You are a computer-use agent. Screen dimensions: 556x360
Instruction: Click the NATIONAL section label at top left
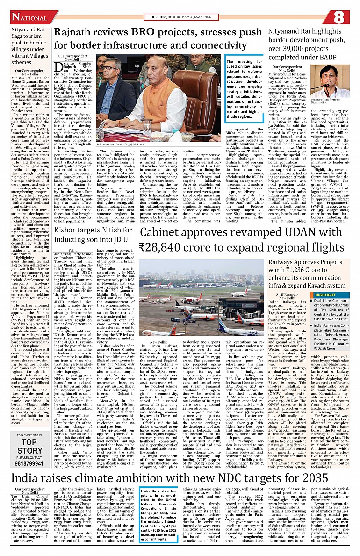(x=29, y=17)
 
